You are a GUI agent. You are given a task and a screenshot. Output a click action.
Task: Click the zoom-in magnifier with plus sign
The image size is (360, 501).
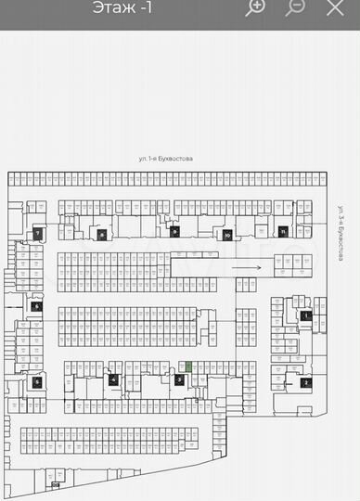pos(255,7)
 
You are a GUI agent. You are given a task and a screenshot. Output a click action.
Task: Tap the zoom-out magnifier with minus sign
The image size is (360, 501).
pos(295,7)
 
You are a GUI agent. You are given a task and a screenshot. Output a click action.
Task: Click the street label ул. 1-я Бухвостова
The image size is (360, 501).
pos(166,160)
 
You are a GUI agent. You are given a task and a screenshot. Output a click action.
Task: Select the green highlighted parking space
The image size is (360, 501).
pos(188,367)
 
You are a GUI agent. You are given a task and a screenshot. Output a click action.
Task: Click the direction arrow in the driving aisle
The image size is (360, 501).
pos(246,266)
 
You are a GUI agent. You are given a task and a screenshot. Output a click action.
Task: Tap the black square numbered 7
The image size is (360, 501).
pos(37,234)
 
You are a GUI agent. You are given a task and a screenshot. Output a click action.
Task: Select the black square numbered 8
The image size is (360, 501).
pos(101,235)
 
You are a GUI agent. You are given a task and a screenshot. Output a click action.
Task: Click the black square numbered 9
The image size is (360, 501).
pos(174,232)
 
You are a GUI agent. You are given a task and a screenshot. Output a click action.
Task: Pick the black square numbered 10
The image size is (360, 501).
pos(226,236)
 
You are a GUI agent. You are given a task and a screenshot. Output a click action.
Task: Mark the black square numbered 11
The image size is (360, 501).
pos(281,231)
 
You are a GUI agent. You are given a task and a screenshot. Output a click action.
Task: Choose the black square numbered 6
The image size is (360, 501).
pos(37,306)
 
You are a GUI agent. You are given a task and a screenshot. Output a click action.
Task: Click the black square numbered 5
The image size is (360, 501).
pos(37,381)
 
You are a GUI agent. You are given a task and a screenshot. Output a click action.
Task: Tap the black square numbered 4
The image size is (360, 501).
pos(113,379)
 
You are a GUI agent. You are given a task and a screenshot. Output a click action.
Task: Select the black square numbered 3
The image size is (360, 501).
pos(179,379)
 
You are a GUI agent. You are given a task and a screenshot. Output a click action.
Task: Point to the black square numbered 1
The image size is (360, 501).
pos(306,316)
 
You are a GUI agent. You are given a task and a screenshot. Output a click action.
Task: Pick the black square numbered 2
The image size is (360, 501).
pos(305,382)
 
